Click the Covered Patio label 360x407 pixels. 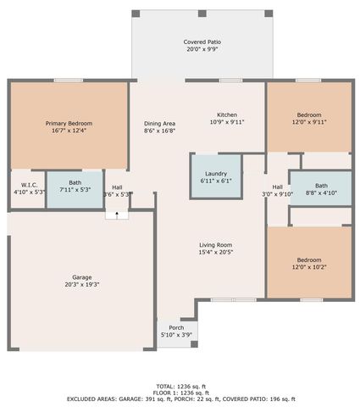[x=202, y=42]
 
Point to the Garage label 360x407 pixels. [x=81, y=277]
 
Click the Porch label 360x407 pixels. [x=176, y=327]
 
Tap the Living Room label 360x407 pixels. [x=215, y=244]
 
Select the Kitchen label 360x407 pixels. [x=226, y=114]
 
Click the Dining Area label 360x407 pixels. [x=159, y=123]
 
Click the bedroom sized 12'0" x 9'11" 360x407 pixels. [x=309, y=118]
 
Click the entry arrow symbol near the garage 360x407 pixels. [x=117, y=216]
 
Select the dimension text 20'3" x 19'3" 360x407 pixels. [x=81, y=285]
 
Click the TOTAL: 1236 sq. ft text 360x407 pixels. [x=180, y=386]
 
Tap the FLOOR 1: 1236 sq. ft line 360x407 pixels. [x=180, y=392]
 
